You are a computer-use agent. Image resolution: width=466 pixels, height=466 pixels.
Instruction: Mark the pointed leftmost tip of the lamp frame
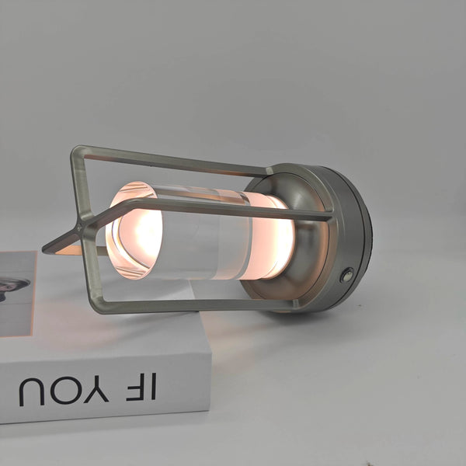coord(45,251)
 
